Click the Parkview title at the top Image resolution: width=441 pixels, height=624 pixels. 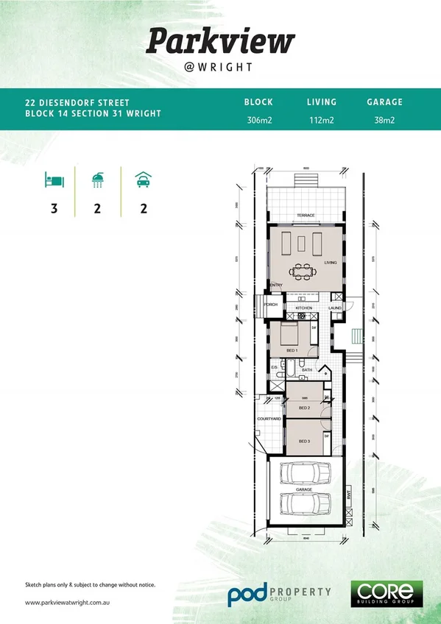(220, 41)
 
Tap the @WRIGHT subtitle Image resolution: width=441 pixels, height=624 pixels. (220, 67)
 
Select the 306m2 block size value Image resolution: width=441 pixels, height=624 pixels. (258, 120)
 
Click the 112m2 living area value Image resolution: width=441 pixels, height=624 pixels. (321, 120)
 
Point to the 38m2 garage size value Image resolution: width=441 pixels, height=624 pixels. (384, 120)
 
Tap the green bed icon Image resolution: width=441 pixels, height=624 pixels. (54, 179)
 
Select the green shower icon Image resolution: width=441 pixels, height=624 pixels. (97, 179)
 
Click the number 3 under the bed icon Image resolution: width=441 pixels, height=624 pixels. (54, 208)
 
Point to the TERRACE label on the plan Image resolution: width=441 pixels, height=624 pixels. (306, 216)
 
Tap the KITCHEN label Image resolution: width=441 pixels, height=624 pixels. (304, 308)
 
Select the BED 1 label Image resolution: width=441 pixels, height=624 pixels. (292, 350)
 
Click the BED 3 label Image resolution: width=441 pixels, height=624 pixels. (304, 441)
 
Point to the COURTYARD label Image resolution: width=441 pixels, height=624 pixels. (268, 419)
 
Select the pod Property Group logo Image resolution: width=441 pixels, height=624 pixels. (278, 592)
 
